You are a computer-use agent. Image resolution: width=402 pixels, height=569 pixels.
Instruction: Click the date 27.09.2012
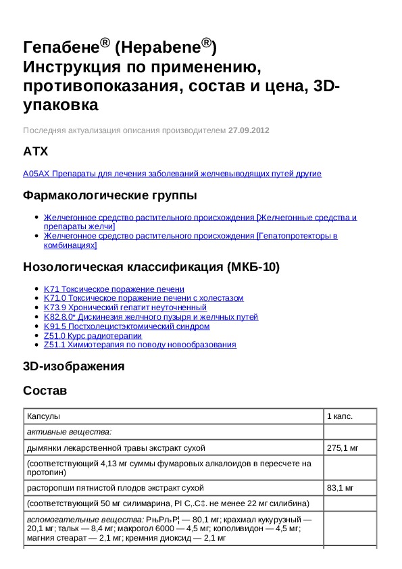[249, 130]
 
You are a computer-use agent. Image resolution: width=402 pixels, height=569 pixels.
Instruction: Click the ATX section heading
[36, 151]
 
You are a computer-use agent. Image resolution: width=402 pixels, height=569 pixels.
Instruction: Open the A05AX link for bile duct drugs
[172, 174]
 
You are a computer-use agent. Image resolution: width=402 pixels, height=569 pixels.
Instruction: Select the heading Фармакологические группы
[110, 196]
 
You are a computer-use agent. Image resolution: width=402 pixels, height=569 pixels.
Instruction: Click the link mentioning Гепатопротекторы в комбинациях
[191, 241]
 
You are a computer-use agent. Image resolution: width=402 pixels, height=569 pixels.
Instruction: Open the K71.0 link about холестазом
[143, 298]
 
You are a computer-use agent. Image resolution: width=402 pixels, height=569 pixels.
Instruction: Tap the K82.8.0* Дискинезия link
[151, 317]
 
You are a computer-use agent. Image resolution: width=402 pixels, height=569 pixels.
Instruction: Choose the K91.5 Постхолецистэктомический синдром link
[126, 326]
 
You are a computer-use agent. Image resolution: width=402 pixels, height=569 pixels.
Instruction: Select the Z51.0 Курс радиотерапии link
[93, 336]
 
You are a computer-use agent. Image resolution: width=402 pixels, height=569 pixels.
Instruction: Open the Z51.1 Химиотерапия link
[140, 345]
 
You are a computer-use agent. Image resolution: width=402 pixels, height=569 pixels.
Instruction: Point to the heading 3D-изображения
[74, 367]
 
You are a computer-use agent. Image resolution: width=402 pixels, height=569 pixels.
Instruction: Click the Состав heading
[45, 391]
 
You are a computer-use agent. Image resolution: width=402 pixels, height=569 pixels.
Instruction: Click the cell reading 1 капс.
[339, 416]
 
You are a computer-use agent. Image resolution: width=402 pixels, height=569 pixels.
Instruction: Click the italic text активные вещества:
[69, 431]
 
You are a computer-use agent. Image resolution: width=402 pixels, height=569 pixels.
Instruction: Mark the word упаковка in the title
[61, 105]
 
